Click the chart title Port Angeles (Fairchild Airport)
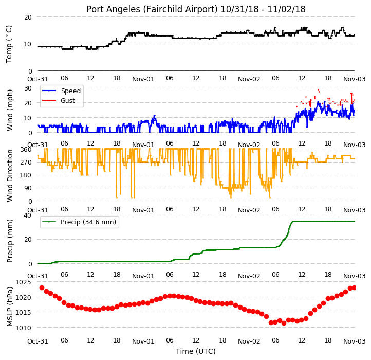coord(152,9)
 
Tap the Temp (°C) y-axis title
coord(9,44)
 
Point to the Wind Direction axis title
coord(10,175)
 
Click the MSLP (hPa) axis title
coord(10,307)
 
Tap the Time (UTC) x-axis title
coord(196,351)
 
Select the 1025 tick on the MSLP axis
coord(24,282)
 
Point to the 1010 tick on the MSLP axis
coord(24,328)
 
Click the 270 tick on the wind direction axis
coord(27,163)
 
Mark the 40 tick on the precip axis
coord(27,215)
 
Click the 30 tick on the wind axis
coord(28,88)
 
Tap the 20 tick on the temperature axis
coord(28,17)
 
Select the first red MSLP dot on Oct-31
coord(42,288)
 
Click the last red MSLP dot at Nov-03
coord(354,288)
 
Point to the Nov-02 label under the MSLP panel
coord(249,341)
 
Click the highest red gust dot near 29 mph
coord(319,90)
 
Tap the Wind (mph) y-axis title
coord(10,110)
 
